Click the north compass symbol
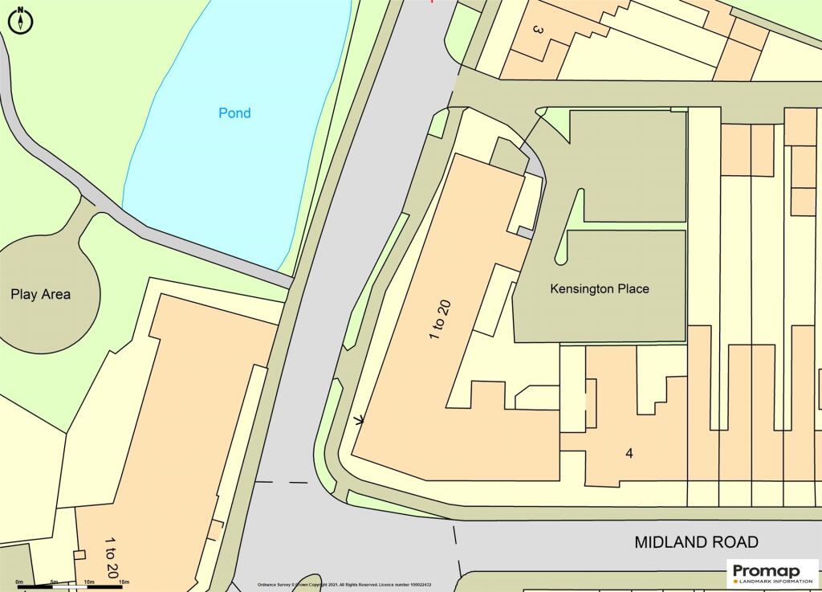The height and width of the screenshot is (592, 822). [x=20, y=20]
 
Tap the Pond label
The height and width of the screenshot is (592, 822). [x=234, y=113]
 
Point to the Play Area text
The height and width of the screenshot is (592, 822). [x=40, y=294]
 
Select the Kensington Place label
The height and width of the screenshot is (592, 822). [x=599, y=288]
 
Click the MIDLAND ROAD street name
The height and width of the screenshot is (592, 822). [x=696, y=542]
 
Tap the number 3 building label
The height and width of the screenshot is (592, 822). [x=537, y=31]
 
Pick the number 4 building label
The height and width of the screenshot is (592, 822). [x=629, y=453]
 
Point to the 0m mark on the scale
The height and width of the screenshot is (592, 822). [x=19, y=581]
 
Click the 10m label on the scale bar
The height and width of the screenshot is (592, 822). [x=89, y=581]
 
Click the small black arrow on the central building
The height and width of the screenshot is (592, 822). [x=359, y=418]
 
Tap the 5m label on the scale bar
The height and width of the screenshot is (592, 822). [x=54, y=581]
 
